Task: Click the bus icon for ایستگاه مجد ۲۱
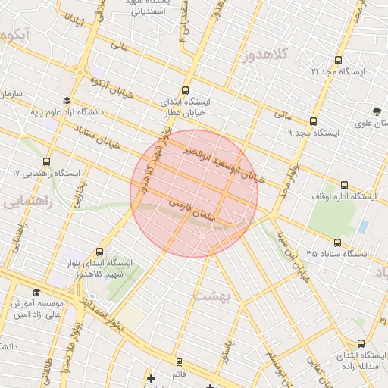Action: click(338, 60)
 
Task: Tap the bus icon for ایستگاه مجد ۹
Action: click(313, 121)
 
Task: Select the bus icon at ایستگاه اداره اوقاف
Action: click(345, 185)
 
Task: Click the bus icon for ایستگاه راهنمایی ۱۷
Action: click(47, 161)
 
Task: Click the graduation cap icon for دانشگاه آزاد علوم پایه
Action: click(67, 101)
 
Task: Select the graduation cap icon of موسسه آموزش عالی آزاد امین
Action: click(36, 292)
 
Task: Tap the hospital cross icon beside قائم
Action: click(151, 377)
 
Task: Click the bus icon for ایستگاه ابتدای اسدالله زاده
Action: click(361, 343)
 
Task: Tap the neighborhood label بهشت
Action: click(211, 296)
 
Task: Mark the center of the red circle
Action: click(194, 194)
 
